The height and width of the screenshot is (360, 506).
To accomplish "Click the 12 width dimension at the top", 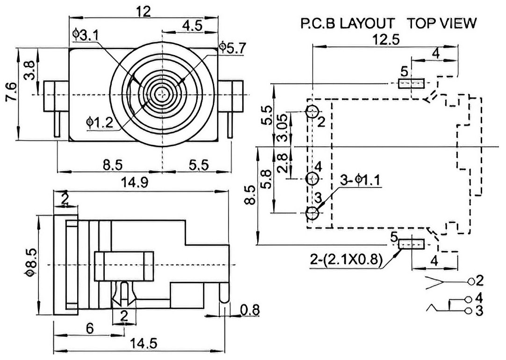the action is (143, 12).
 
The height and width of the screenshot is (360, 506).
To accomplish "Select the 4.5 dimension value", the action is (192, 26).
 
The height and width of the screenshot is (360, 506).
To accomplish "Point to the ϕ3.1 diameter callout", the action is (86, 35).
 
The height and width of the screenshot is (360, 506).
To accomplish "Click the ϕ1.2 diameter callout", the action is (100, 123).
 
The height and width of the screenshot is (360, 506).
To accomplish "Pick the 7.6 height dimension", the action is (10, 92).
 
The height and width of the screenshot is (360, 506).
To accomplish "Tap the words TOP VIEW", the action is (441, 23).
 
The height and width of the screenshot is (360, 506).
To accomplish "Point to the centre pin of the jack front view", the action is (162, 94).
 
